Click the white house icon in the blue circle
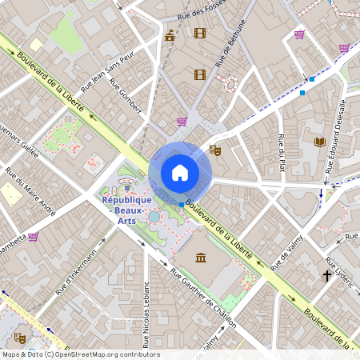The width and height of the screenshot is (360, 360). point(180,172)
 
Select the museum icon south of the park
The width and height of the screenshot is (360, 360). point(200,258)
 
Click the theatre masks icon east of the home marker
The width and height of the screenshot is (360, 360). point(214,149)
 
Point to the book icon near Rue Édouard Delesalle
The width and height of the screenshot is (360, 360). point(320,142)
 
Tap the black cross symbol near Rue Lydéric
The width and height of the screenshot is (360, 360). point(326,276)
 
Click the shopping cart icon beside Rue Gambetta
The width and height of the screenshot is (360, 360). point(33,237)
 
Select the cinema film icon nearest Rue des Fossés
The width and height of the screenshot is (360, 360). point(199,33)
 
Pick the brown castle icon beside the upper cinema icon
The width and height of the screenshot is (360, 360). point(170,35)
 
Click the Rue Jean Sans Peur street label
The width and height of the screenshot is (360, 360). point(106,74)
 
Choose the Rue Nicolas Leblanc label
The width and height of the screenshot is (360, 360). point(146,314)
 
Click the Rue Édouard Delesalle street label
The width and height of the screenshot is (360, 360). point(336,136)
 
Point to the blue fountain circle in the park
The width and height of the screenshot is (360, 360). point(154,217)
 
